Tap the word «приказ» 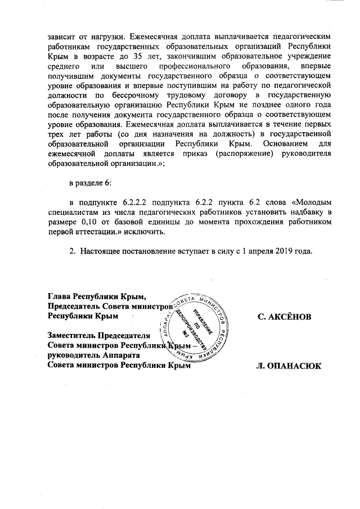186,154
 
